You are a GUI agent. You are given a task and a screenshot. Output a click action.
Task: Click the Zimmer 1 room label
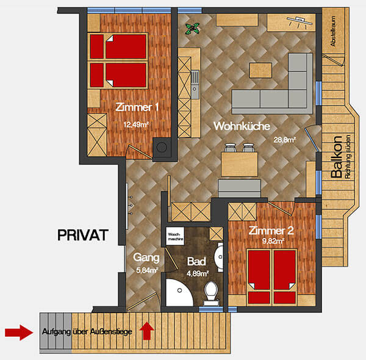[x=137, y=107]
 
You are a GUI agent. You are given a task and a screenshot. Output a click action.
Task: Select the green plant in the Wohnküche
[x=194, y=27]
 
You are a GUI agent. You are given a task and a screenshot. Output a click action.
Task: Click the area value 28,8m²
[x=285, y=140]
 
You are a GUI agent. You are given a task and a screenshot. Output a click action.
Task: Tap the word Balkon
[x=335, y=159]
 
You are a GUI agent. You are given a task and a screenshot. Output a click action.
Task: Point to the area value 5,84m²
[x=146, y=270]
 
